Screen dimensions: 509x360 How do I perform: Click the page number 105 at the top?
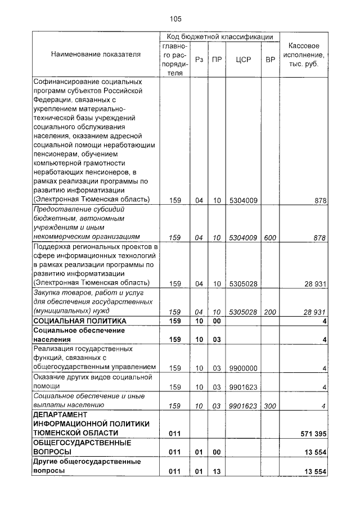pos(175,19)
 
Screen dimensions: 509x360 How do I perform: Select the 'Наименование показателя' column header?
pos(96,55)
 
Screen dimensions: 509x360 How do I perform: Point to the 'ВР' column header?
pos(270,59)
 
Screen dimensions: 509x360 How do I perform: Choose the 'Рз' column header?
pos(199,59)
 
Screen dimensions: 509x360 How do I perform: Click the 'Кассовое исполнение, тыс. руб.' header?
pos(304,55)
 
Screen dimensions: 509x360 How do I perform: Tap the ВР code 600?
pos(270,237)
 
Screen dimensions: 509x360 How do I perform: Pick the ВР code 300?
pos(270,405)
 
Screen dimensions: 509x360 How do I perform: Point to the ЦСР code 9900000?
pos(244,368)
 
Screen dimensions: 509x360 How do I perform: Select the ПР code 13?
pos(217,471)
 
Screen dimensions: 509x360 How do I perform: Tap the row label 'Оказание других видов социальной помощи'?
pos(93,382)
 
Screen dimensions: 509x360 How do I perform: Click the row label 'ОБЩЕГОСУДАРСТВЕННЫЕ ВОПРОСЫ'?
pos(82,447)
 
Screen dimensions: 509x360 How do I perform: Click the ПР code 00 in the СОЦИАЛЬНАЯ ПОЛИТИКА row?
pos(217,321)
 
